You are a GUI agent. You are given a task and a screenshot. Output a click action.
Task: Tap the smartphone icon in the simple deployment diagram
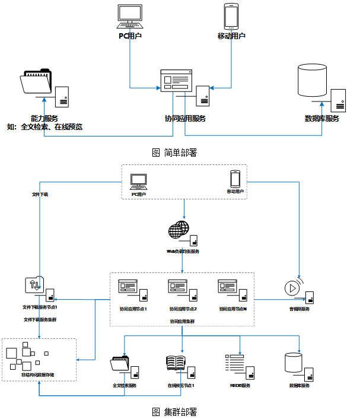tap(231, 16)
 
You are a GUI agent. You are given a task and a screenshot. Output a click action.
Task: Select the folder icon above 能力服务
tap(36, 82)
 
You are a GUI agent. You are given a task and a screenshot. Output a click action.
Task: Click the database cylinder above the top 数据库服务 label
tap(313, 80)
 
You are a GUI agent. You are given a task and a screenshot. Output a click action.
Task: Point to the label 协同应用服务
tap(185, 119)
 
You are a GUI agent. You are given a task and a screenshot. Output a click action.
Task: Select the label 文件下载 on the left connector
tap(40, 194)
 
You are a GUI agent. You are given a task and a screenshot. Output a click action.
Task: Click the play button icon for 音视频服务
tap(291, 288)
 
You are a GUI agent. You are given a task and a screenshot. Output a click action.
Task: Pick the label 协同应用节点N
tap(232, 309)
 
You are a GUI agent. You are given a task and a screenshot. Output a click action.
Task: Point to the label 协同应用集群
tap(182, 321)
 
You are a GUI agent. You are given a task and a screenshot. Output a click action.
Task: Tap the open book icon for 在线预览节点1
tap(176, 364)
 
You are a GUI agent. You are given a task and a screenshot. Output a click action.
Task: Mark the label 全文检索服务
tap(125, 386)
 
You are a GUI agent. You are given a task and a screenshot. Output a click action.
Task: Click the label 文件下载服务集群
tap(40, 319)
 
